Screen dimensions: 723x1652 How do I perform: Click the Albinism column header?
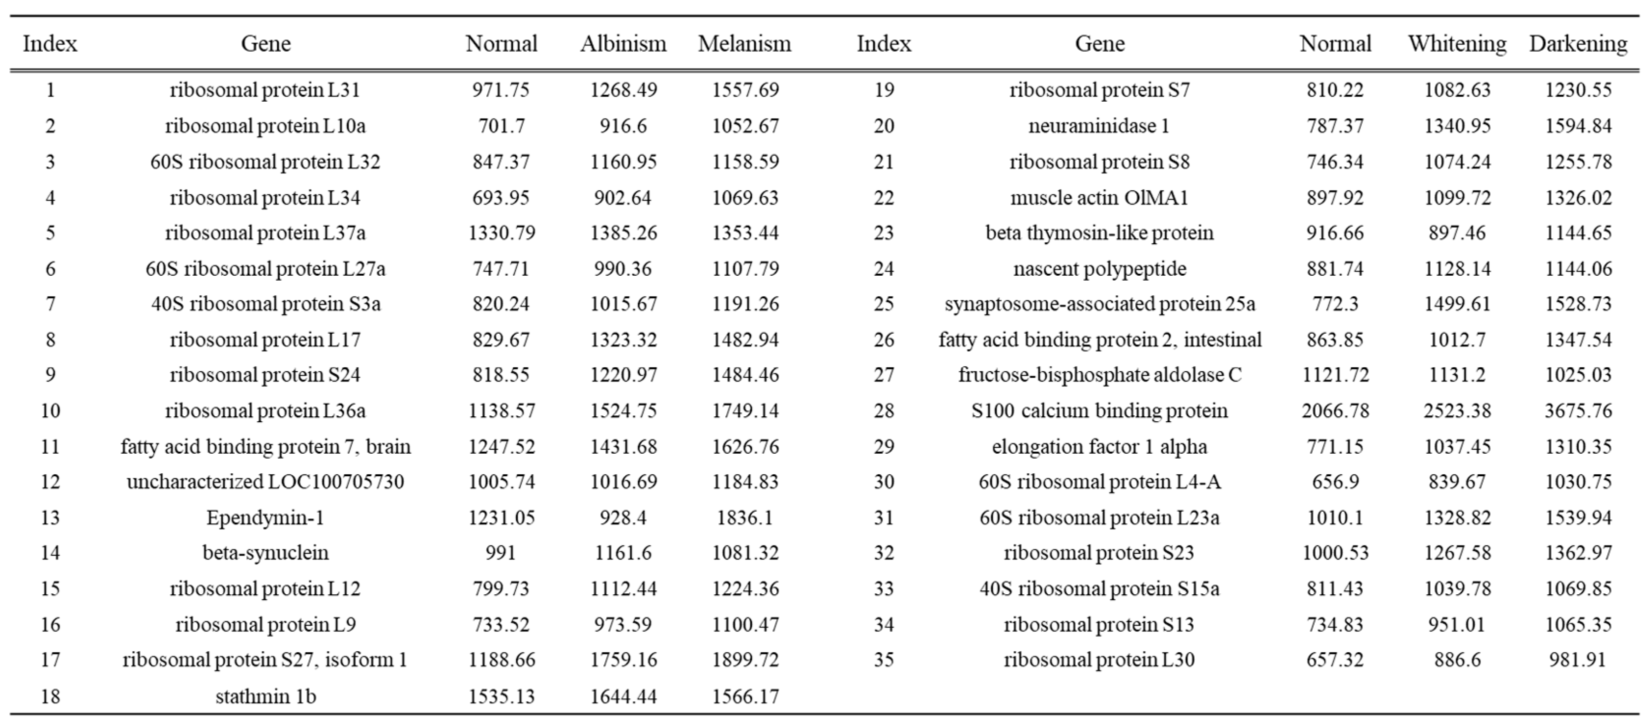623,44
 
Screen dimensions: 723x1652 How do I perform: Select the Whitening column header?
1456,44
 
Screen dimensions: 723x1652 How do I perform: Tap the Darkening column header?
1578,44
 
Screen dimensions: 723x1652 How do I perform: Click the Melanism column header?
744,44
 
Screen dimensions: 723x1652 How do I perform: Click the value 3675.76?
1578,411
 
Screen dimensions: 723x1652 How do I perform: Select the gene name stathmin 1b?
265,696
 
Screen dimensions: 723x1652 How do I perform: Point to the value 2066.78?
1335,411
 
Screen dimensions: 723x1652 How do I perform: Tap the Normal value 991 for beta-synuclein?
501,553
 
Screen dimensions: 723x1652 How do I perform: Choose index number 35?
884,660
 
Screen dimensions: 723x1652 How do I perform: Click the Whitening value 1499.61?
1457,304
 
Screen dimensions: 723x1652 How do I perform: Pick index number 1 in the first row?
50,90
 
